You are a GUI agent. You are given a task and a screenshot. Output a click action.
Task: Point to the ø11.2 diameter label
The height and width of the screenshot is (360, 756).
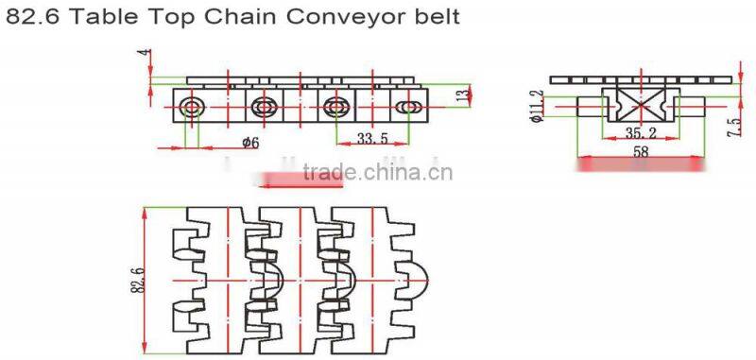pos(536,107)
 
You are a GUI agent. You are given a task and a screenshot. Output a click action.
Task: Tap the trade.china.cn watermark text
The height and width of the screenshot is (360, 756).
pos(378,172)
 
